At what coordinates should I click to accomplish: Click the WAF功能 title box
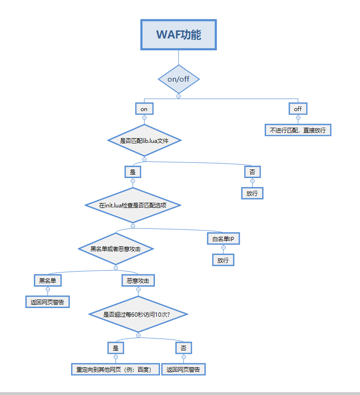pos(179,35)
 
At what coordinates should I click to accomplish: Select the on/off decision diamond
pos(179,79)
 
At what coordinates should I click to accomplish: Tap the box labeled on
pos(144,109)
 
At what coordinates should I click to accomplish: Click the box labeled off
pos(298,109)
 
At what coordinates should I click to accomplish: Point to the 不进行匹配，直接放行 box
pos(298,130)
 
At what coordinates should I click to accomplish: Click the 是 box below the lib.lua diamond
pos(133,172)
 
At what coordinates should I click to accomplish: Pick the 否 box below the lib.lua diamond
pos(252,172)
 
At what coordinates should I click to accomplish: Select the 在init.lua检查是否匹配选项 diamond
pos(133,205)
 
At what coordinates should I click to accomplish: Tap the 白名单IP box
pos(223,238)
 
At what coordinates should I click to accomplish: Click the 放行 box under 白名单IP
pos(223,260)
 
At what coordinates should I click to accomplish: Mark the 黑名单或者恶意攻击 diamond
pos(115,249)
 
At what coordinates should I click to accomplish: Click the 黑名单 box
pos(47,281)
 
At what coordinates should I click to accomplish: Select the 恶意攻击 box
pos(138,281)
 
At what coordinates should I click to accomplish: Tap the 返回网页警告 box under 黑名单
pos(47,301)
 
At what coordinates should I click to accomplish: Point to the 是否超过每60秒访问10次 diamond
pos(138,314)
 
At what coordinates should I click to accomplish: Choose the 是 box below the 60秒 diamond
pos(115,348)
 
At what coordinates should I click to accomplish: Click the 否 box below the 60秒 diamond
pos(183,348)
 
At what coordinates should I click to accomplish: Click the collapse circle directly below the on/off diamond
pos(179,96)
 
